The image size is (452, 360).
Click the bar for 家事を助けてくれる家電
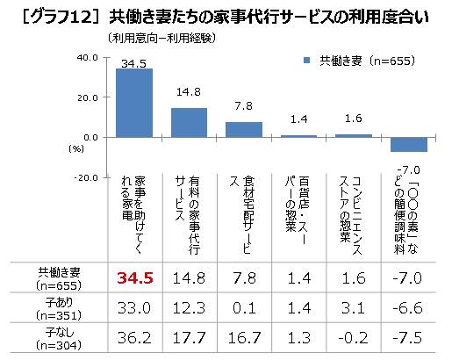[134, 103]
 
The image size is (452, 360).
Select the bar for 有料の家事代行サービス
[189, 123]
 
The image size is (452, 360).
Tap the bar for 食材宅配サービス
[244, 130]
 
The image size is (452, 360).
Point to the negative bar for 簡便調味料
[409, 145]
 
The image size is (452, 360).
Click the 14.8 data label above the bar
[189, 92]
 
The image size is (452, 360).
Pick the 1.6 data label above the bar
[354, 119]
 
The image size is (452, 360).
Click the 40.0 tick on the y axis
[88, 58]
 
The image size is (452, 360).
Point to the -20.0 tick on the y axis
[86, 177]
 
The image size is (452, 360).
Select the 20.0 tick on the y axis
[88, 97]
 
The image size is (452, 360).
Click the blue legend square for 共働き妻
[306, 61]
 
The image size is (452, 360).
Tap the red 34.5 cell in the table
[135, 277]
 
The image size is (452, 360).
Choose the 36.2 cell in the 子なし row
[134, 338]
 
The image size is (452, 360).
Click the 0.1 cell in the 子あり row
[244, 308]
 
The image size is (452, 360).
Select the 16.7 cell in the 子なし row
[244, 338]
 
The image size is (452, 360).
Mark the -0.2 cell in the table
[353, 338]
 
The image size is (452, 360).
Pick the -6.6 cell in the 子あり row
[408, 308]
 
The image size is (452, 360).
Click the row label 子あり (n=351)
[59, 308]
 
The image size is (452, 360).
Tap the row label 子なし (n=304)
[59, 339]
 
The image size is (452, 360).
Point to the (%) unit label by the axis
[76, 149]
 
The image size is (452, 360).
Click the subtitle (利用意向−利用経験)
[161, 38]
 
